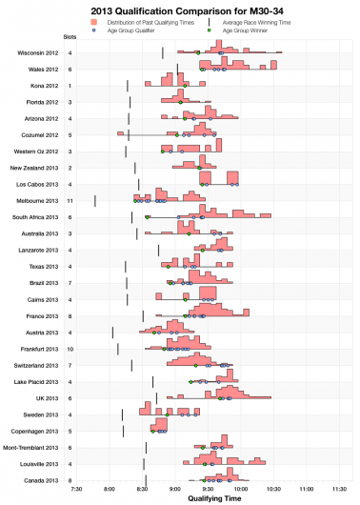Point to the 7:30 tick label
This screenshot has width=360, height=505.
pos(78,489)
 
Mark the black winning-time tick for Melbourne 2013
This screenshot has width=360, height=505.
pos(95,200)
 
